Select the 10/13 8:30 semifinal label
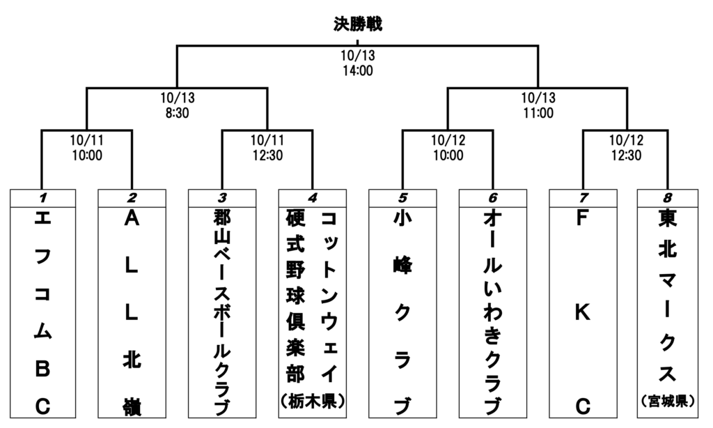[x=176, y=106]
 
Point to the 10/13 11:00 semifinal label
[x=537, y=106]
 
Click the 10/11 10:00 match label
[x=86, y=148]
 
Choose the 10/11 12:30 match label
[x=266, y=148]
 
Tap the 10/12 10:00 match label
[x=446, y=148]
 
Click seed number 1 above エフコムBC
[x=42, y=198]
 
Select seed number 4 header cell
[x=312, y=198]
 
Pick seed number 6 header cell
[x=493, y=198]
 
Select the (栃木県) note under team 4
[x=313, y=402]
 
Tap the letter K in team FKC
[x=583, y=312]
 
